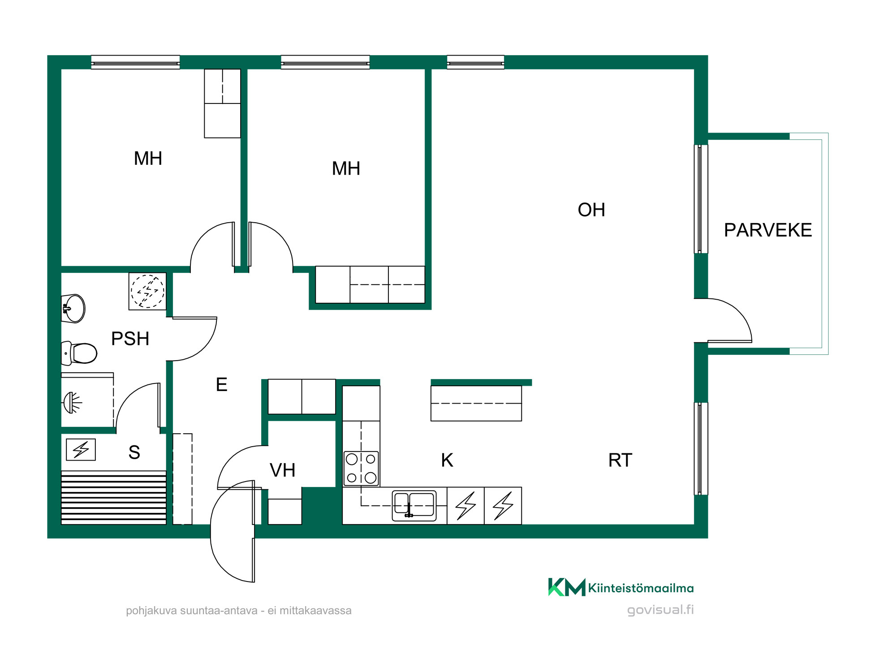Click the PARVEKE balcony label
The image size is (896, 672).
(x=768, y=230)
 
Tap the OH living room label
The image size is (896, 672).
(x=591, y=210)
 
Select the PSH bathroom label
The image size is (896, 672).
(x=130, y=339)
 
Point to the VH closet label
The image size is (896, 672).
(x=283, y=470)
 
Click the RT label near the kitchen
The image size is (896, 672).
(x=620, y=460)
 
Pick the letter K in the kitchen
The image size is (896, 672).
(x=447, y=460)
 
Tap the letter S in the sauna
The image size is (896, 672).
(x=134, y=452)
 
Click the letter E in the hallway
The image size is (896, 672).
(x=222, y=384)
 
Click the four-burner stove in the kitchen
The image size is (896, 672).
(x=361, y=469)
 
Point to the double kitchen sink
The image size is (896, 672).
(x=414, y=505)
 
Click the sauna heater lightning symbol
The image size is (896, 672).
(x=81, y=449)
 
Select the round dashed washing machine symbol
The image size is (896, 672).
(x=147, y=291)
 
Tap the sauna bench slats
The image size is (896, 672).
(x=114, y=497)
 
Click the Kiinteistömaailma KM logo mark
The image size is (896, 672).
(x=567, y=587)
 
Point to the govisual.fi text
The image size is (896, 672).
(x=660, y=610)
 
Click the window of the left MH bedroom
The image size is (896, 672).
(x=135, y=62)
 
